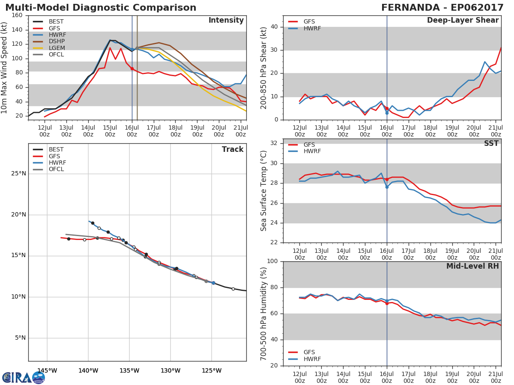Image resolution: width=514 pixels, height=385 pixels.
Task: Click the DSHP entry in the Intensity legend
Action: pyautogui.click(x=49, y=41)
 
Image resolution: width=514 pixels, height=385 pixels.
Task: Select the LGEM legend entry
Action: pyautogui.click(x=49, y=48)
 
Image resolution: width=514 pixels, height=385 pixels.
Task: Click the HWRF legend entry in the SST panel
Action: pyautogui.click(x=305, y=151)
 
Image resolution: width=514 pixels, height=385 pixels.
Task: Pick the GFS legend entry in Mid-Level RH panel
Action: pyautogui.click(x=302, y=352)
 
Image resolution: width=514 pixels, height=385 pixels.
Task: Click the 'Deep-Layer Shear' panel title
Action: pyautogui.click(x=463, y=21)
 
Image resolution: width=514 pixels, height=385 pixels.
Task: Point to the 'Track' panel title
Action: pyautogui.click(x=233, y=149)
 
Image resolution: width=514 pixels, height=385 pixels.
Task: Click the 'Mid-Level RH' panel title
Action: pyautogui.click(x=472, y=266)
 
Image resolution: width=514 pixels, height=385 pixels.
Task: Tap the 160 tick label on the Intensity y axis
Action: pyautogui.click(x=17, y=15)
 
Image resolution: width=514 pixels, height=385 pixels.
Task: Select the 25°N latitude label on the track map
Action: pyautogui.click(x=18, y=174)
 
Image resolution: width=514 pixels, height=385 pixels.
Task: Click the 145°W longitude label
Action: pyautogui.click(x=47, y=370)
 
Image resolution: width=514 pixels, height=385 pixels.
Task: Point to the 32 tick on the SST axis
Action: pyautogui.click(x=274, y=143)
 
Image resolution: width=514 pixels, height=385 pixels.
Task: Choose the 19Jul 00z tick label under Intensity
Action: pyautogui.click(x=197, y=131)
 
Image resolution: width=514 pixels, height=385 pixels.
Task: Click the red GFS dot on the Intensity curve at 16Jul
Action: pyautogui.click(x=132, y=69)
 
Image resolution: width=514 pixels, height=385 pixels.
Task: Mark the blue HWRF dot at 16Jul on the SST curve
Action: pyautogui.click(x=387, y=187)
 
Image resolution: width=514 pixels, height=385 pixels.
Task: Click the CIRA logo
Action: pyautogui.click(x=24, y=377)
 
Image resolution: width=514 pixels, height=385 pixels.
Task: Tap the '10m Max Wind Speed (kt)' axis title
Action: pyautogui.click(x=3, y=68)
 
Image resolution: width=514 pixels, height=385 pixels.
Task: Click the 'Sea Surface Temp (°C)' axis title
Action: pyautogui.click(x=263, y=191)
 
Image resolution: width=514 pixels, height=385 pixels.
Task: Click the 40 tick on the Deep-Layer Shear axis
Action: pyautogui.click(x=274, y=27)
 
